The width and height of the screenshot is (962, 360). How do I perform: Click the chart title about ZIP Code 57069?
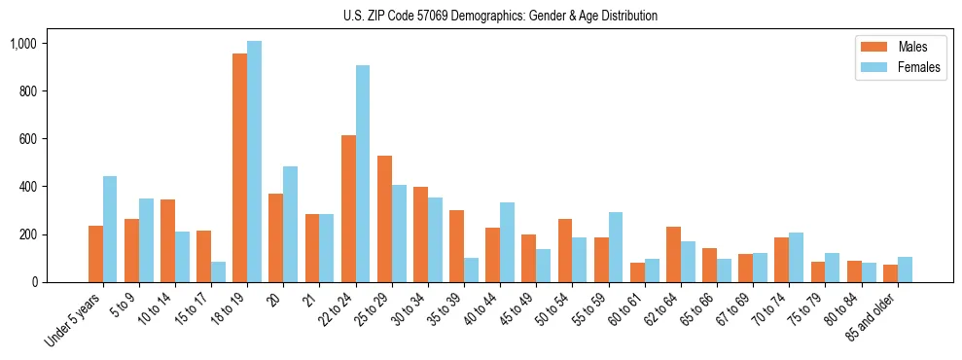click(x=500, y=16)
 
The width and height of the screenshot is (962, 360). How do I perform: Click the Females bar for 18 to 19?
click(x=255, y=162)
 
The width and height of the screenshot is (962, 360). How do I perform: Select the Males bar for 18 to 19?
click(x=239, y=167)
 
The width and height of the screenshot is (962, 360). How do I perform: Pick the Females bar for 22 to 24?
click(x=363, y=173)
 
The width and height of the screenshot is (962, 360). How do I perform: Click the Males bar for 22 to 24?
click(x=348, y=208)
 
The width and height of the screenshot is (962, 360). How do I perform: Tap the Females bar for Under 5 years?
click(x=110, y=229)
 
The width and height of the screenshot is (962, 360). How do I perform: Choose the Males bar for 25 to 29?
click(x=384, y=219)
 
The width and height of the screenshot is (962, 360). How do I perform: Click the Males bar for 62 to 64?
click(x=673, y=254)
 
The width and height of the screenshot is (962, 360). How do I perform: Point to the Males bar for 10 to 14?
click(x=167, y=240)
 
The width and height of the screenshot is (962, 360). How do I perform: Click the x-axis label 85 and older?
click(x=873, y=322)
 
